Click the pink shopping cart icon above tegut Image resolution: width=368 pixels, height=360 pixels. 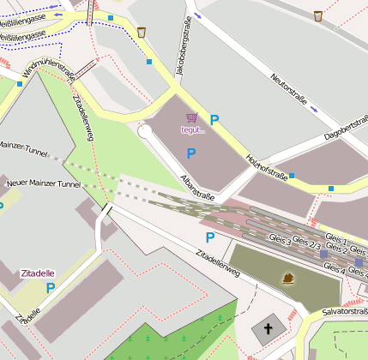(192, 118)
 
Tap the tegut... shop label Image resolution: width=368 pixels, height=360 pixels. (193, 130)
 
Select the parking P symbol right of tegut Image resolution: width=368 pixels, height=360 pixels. (214, 121)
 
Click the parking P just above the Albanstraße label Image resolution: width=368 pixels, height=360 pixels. (191, 153)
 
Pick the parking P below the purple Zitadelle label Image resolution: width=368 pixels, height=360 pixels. (50, 289)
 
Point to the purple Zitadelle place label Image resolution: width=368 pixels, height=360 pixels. (39, 274)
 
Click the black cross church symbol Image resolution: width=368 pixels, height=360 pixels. (268, 328)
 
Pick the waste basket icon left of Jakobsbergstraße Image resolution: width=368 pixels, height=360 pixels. (141, 33)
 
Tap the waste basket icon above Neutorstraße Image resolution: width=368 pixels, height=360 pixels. (318, 15)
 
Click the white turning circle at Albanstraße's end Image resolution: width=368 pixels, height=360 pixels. (145, 131)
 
